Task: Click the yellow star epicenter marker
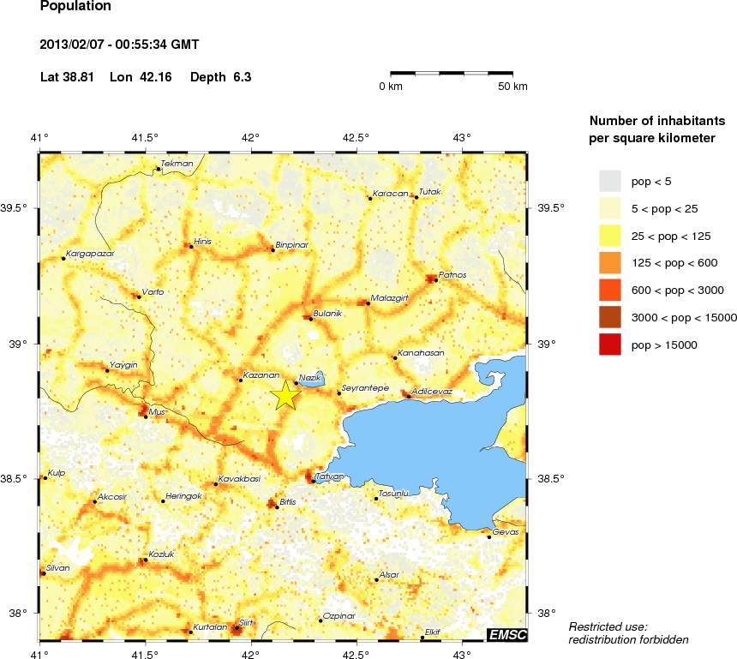(285, 395)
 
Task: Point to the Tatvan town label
(330, 476)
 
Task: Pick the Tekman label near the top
(177, 163)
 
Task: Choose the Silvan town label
(58, 567)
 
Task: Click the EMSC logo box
(506, 634)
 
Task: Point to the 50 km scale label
(512, 87)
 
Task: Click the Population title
(75, 7)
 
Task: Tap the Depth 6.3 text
(220, 77)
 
